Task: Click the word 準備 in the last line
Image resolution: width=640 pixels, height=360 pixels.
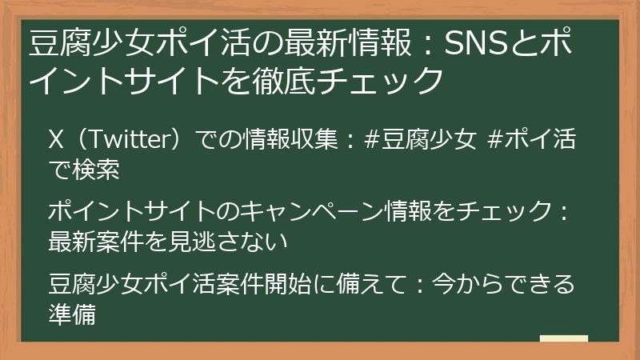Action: click(73, 314)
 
